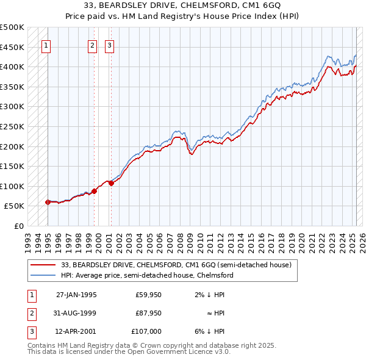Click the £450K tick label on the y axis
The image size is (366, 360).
click(12, 47)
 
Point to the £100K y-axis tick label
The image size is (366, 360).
click(12, 186)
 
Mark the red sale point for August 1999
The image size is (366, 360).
click(94, 191)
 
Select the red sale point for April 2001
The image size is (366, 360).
click(110, 183)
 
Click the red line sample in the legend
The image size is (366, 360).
click(43, 265)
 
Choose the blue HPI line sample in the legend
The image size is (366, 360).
click(43, 275)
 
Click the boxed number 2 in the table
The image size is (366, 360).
click(31, 313)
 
